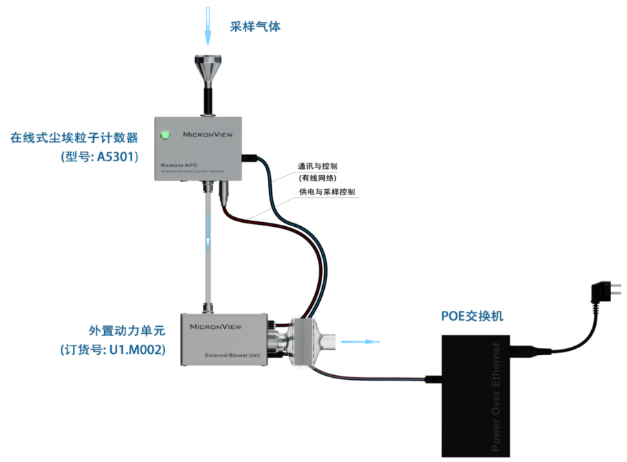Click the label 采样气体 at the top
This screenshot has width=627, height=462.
(x=255, y=27)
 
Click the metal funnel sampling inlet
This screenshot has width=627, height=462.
(x=207, y=69)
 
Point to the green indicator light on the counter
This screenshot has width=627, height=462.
(x=166, y=134)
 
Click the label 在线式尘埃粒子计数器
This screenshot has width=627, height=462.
(x=74, y=137)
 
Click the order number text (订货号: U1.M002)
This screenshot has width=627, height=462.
(x=112, y=350)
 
